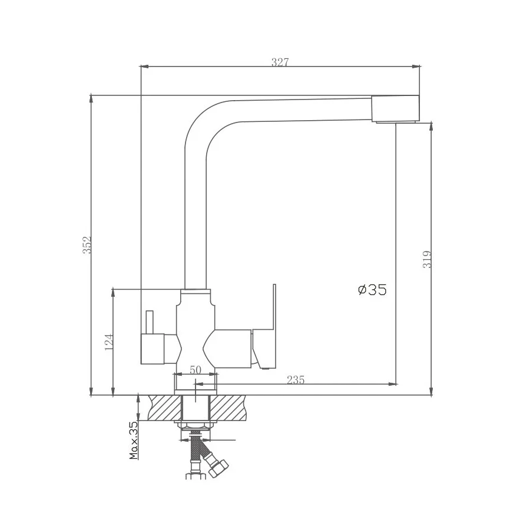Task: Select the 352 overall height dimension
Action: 87,245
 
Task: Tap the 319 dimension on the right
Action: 428,259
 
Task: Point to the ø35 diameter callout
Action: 372,290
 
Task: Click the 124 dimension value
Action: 108,342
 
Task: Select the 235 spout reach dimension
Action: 296,380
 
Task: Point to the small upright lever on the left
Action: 149,322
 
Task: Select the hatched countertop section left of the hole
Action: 166,408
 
